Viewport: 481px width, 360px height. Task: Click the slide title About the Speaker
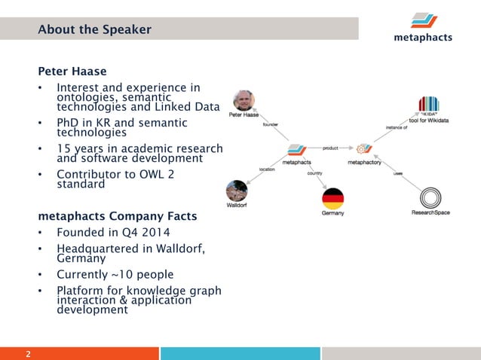94,29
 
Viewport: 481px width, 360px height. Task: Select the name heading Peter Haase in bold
72,72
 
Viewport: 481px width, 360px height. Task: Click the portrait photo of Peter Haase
244,101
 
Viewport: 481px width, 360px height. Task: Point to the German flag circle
332,199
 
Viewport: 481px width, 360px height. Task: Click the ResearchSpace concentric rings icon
430,197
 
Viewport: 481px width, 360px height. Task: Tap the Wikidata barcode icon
428,105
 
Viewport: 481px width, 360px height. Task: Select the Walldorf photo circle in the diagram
237,191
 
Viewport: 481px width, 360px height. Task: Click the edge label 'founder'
270,126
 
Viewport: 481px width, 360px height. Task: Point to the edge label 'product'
329,148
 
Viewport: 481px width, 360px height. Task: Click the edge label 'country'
314,173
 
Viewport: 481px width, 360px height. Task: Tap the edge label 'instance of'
397,128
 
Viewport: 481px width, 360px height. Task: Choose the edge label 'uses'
397,174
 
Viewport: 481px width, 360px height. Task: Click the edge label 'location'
267,169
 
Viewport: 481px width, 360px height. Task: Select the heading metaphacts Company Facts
118,217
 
